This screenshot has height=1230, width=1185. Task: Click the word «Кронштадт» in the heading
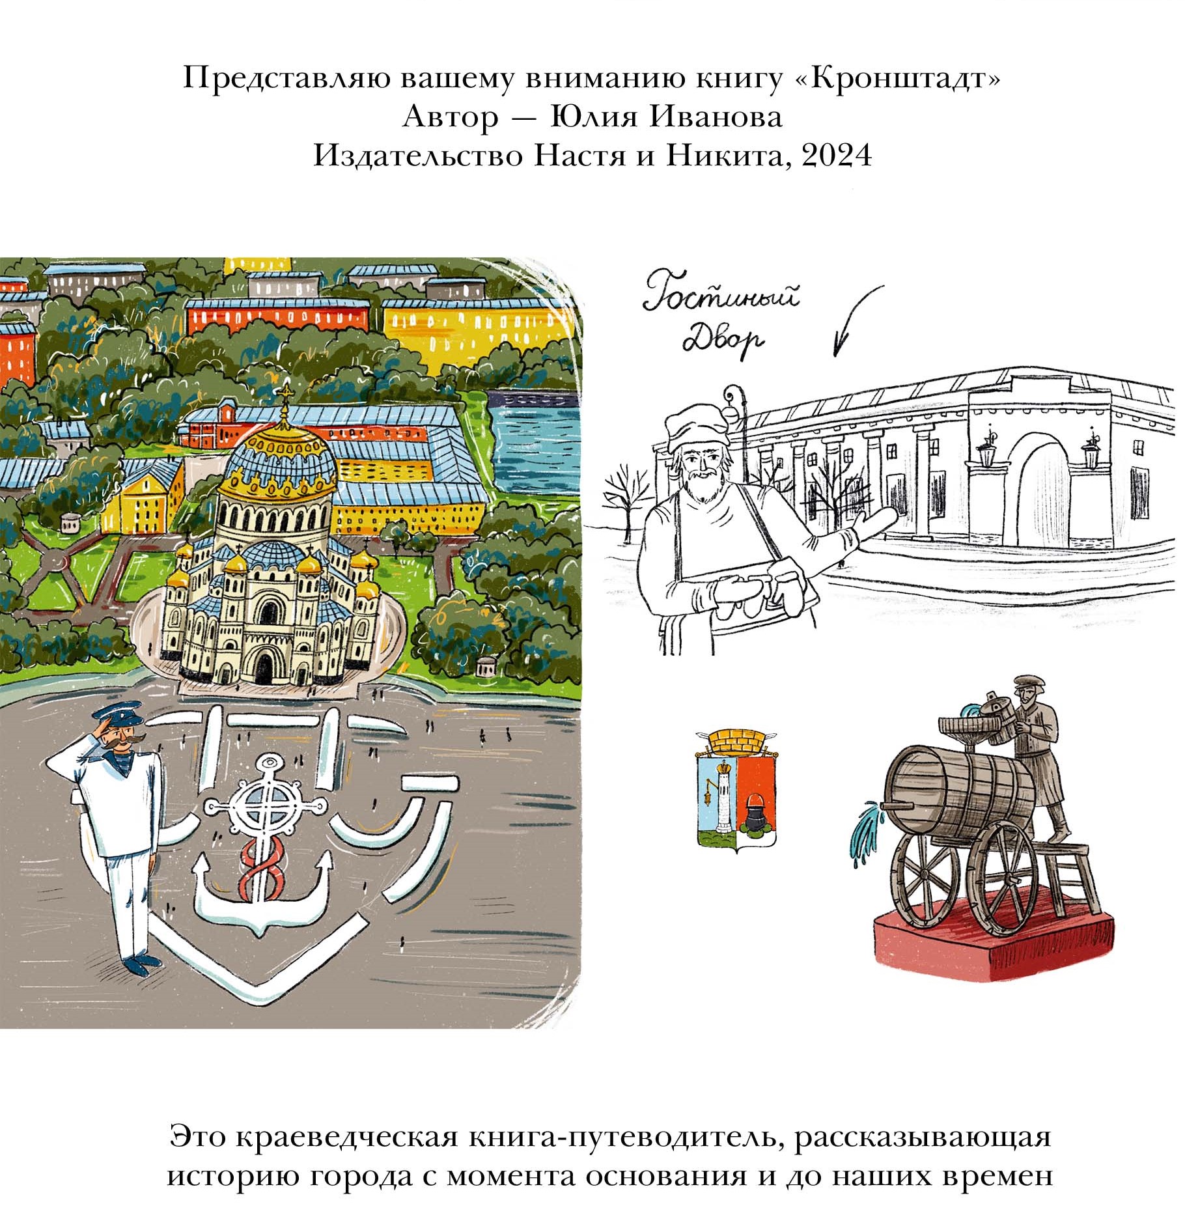click(x=900, y=79)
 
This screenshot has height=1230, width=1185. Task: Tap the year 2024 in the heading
click(x=837, y=156)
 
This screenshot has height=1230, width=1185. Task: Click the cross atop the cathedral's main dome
click(x=285, y=398)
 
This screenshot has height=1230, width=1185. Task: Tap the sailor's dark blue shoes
click(x=141, y=962)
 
